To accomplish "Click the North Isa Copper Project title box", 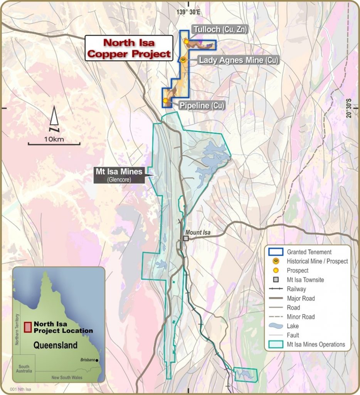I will (x=129, y=48).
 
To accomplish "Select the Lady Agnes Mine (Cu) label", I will (x=238, y=60).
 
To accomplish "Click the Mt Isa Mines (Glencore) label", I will (x=119, y=174).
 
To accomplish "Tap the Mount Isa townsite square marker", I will (x=186, y=238).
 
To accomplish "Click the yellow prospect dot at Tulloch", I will (x=186, y=41).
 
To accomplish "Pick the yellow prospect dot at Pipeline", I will (x=165, y=100).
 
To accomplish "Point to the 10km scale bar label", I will (x=54, y=139).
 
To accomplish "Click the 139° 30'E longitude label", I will (x=188, y=12).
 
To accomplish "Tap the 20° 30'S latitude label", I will (x=349, y=108).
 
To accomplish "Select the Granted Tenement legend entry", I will (x=309, y=252).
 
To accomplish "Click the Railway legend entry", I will (x=296, y=289).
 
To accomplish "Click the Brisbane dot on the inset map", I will (x=97, y=360).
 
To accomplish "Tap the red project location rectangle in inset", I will (x=27, y=327).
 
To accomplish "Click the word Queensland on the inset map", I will (x=55, y=345).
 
